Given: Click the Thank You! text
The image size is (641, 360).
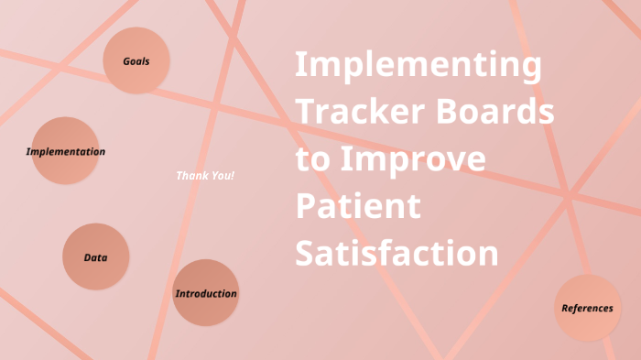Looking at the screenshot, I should pyautogui.click(x=205, y=175).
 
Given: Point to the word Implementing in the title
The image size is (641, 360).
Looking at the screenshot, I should pyautogui.click(x=418, y=67).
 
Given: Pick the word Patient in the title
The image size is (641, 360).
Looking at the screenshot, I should pyautogui.click(x=357, y=206).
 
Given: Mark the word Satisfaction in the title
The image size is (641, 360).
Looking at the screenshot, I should pyautogui.click(x=397, y=253).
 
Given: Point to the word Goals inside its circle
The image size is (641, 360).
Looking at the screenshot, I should pyautogui.click(x=136, y=61).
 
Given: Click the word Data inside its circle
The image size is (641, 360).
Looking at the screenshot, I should pyautogui.click(x=95, y=258).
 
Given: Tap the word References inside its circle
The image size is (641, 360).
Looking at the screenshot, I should pyautogui.click(x=587, y=309).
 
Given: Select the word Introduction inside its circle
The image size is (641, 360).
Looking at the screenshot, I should pyautogui.click(x=206, y=294).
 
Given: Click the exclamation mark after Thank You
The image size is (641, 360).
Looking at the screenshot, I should pyautogui.click(x=233, y=175).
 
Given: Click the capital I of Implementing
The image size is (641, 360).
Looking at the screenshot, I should pyautogui.click(x=300, y=65).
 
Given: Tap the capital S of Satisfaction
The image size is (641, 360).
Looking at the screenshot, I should pyautogui.click(x=305, y=253).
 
